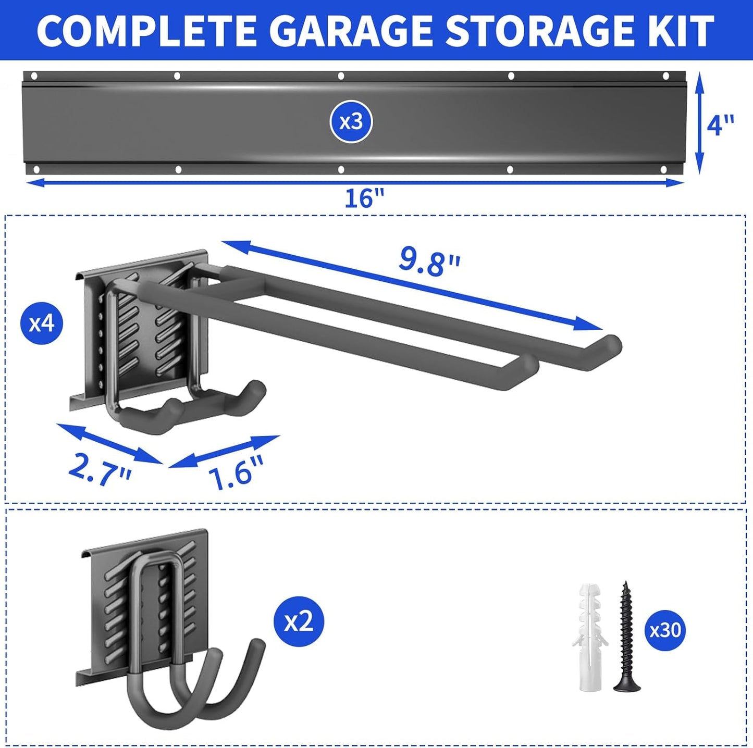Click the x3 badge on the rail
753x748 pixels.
point(351,122)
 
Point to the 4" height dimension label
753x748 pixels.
point(721,125)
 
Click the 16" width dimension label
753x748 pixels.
point(364,198)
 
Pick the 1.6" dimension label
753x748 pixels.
point(236,472)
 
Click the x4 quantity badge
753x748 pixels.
point(42,323)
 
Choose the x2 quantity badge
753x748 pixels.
point(299,621)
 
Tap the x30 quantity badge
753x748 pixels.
point(665,630)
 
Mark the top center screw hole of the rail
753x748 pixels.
point(341,76)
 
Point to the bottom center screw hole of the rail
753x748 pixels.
point(341,170)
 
